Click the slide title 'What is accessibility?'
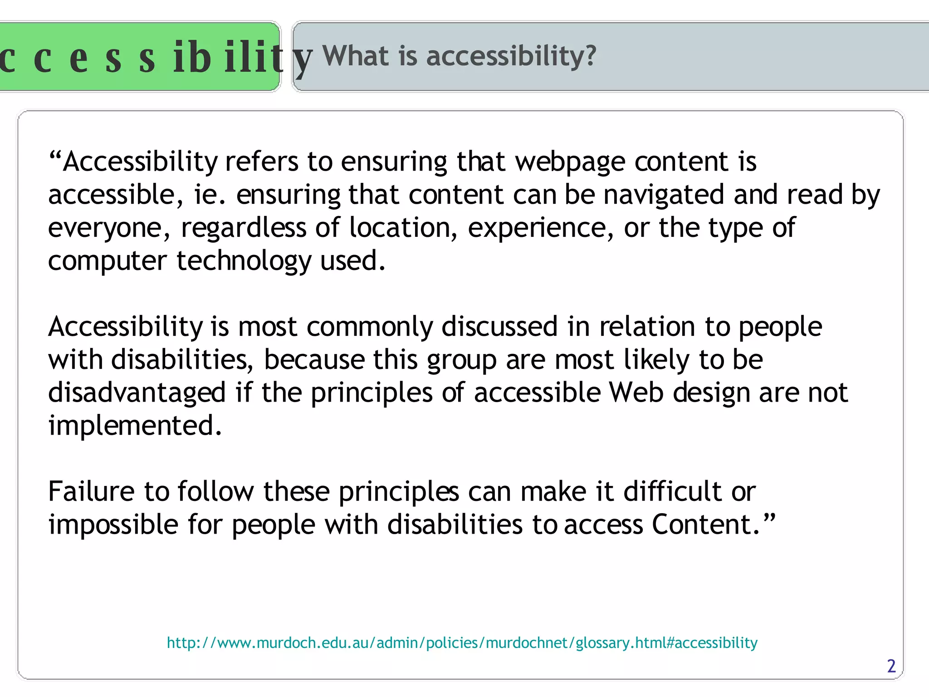pos(459,56)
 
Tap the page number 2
pos(891,666)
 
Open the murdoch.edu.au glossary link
pos(462,643)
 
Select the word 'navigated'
pos(663,195)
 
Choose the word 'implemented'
pos(135,426)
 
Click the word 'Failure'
pos(92,492)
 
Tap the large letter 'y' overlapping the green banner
pos(302,61)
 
